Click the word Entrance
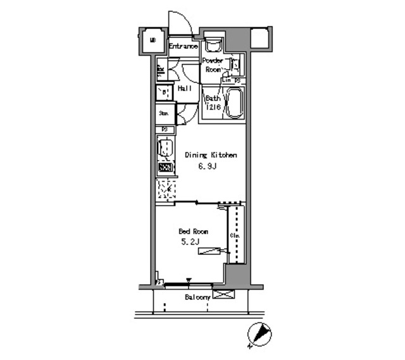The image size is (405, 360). tap(184, 46)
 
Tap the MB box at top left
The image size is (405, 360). tap(153, 42)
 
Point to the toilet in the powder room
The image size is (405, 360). tap(213, 44)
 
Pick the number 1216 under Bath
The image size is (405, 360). tap(212, 108)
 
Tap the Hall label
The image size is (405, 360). tap(184, 89)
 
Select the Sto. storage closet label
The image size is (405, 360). tap(163, 114)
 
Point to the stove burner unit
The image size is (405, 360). tap(165, 168)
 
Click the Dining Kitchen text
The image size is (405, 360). tap(211, 154)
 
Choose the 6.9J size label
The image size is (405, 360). tap(211, 168)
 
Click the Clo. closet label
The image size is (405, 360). tap(234, 236)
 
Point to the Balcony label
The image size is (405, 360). tap(197, 297)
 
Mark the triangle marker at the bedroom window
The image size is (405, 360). tap(189, 280)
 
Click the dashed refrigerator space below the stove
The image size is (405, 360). tap(166, 190)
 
